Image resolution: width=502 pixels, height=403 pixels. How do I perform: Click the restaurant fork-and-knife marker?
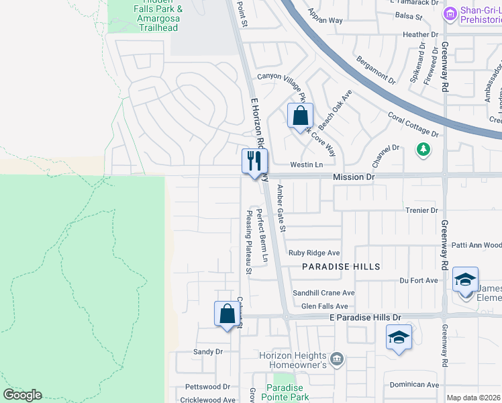[254, 162]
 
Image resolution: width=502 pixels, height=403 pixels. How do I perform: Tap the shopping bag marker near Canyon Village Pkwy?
[300, 115]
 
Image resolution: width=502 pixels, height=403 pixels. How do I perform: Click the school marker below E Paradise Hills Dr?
[399, 337]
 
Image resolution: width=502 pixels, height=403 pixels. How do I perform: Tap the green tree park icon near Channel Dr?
[423, 148]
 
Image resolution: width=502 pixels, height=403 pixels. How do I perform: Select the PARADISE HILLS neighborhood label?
[341, 267]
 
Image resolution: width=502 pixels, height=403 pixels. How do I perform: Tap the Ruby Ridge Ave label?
[314, 253]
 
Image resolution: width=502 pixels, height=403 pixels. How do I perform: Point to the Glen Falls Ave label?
[325, 306]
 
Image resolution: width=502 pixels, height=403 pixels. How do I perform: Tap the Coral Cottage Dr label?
[413, 124]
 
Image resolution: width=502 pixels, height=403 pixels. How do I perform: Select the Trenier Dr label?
[421, 210]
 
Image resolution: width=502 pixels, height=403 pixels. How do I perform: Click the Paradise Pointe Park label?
[287, 392]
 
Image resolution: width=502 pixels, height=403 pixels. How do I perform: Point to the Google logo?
[22, 395]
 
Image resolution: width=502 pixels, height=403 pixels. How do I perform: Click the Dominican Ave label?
[414, 384]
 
